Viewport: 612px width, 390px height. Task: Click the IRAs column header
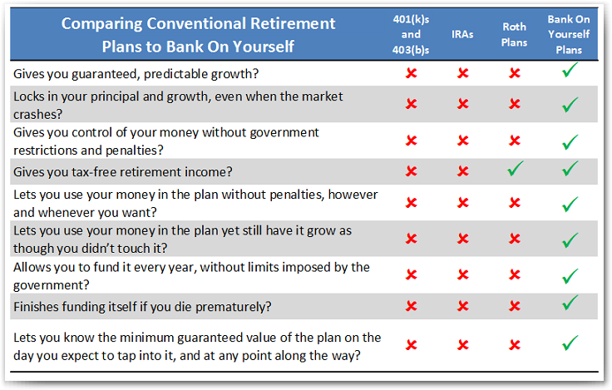[x=462, y=34]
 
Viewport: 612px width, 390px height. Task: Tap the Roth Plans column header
[x=515, y=34]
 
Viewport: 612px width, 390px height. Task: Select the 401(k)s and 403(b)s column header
[x=411, y=34]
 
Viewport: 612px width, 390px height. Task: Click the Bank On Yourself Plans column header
[x=569, y=34]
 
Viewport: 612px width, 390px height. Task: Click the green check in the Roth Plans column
[x=516, y=169]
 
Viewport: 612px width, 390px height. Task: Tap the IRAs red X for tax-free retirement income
[x=463, y=171]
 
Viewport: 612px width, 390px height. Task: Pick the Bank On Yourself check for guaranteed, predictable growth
[x=570, y=71]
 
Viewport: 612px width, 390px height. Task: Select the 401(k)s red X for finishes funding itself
[x=412, y=306]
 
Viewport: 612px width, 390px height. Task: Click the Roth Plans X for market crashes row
[x=515, y=103]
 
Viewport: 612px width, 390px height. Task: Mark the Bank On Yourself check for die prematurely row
[x=570, y=303]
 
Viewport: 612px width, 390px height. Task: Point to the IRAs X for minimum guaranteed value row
[x=463, y=345]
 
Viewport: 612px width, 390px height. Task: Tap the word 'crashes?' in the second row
[x=38, y=115]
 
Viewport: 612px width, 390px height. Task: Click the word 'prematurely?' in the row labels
[x=233, y=307]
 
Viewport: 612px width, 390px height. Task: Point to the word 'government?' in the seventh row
[x=51, y=285]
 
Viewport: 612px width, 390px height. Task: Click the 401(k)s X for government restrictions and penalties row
[x=412, y=141]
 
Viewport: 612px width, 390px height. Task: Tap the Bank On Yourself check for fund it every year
[x=570, y=276]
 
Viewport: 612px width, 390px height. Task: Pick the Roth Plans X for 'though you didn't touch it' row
[x=515, y=238]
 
